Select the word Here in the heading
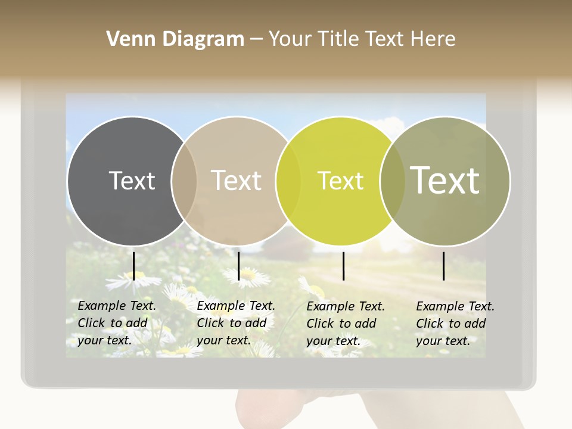pos(431,39)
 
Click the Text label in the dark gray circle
pos(132,181)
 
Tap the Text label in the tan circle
pos(237,181)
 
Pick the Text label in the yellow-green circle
pos(340,181)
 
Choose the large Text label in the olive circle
pos(445,180)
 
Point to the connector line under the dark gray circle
pos(134,266)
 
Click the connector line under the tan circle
pos(238,266)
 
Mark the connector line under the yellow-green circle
pos(344,266)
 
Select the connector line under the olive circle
pos(444,266)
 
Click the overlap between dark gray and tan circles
pos(184,181)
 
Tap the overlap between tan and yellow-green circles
pos(288,181)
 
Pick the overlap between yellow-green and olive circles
pos(393,181)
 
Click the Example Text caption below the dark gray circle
pos(117,323)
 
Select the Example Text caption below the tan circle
pos(236,323)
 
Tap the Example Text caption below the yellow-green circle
pos(346,324)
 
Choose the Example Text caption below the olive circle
pos(455,324)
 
